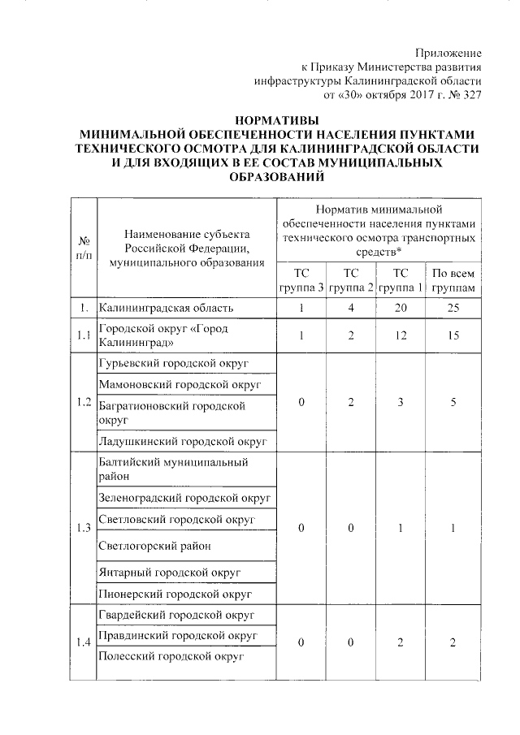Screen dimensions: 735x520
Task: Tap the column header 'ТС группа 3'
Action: (301, 280)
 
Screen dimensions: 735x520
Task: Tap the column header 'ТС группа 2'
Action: (350, 280)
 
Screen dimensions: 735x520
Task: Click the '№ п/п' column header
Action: (84, 247)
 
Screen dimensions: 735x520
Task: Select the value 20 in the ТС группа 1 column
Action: (401, 309)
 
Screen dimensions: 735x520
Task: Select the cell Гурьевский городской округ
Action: (173, 362)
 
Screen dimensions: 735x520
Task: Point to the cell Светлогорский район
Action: (154, 546)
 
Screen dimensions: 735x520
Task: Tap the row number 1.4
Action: (84, 642)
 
